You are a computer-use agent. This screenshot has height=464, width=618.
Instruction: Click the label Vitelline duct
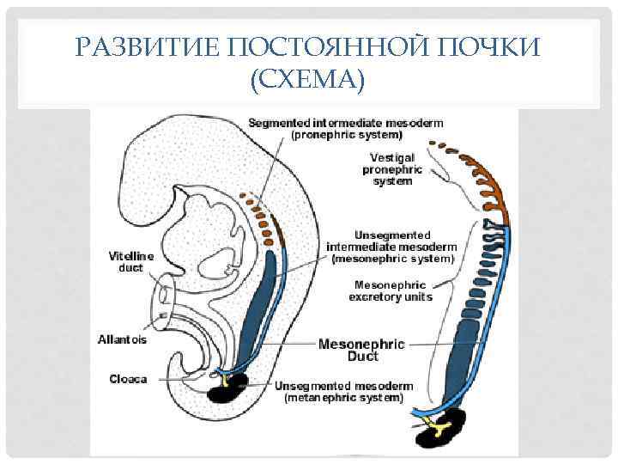click(x=131, y=261)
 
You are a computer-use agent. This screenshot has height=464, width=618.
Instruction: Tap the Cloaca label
click(x=127, y=378)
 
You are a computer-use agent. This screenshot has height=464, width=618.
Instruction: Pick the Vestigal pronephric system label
click(x=393, y=169)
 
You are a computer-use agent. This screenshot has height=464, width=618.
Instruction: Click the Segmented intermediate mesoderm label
click(x=346, y=123)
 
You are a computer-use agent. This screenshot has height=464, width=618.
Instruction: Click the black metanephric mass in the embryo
click(x=227, y=388)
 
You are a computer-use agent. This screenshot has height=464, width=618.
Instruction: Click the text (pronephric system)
click(x=346, y=135)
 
